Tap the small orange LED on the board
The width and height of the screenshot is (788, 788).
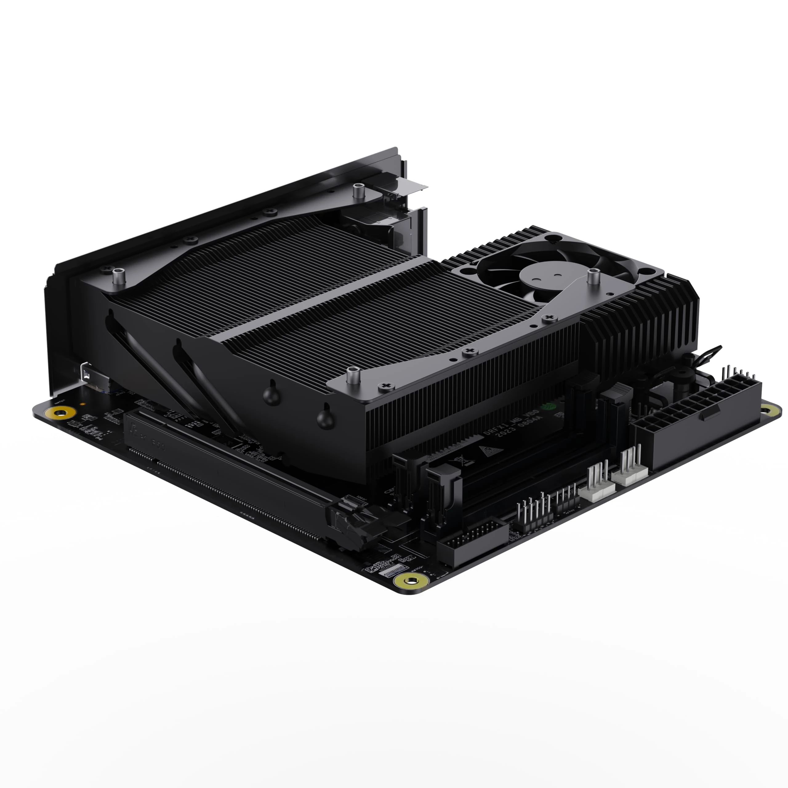click(x=83, y=405)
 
